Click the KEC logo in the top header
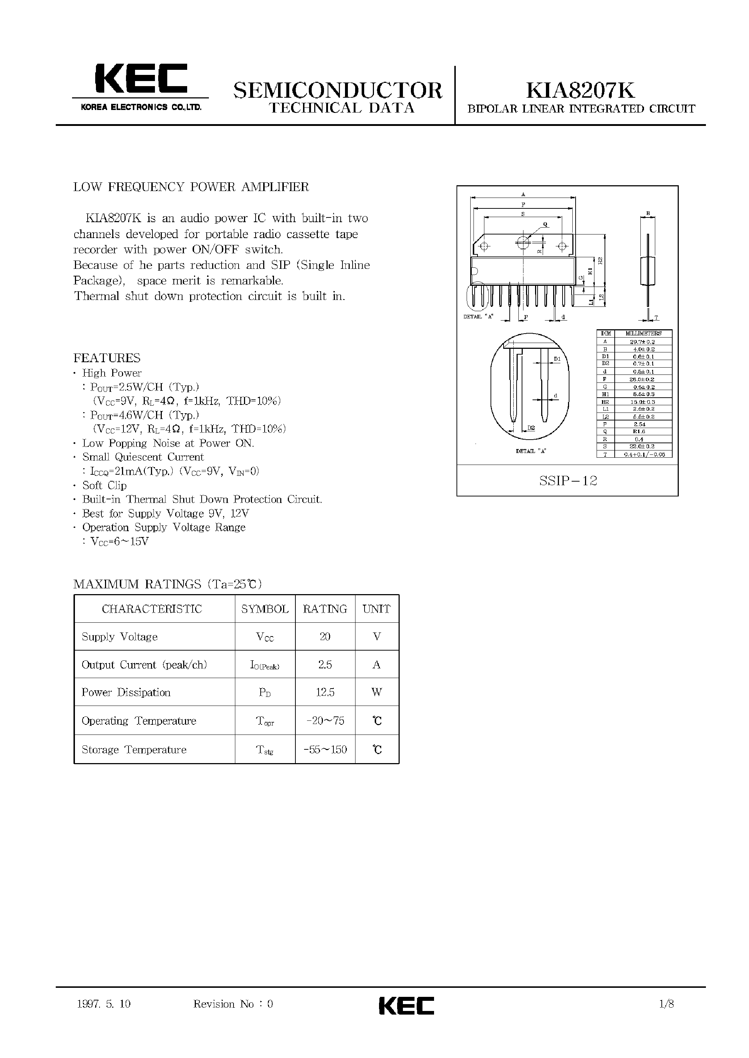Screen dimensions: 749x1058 (x=141, y=79)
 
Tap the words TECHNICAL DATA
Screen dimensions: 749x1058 (x=342, y=108)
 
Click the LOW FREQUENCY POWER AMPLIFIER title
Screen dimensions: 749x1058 (x=191, y=187)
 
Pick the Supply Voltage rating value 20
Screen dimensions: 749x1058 (x=325, y=636)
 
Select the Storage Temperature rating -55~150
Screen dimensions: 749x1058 (x=325, y=750)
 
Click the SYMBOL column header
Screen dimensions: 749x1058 (x=265, y=609)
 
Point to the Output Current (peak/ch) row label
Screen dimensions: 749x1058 (x=144, y=665)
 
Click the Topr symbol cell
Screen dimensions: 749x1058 (x=265, y=721)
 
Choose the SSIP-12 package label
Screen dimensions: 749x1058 (x=568, y=481)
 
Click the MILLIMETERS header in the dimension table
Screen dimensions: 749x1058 (x=643, y=333)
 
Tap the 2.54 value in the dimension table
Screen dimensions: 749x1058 (x=639, y=424)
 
